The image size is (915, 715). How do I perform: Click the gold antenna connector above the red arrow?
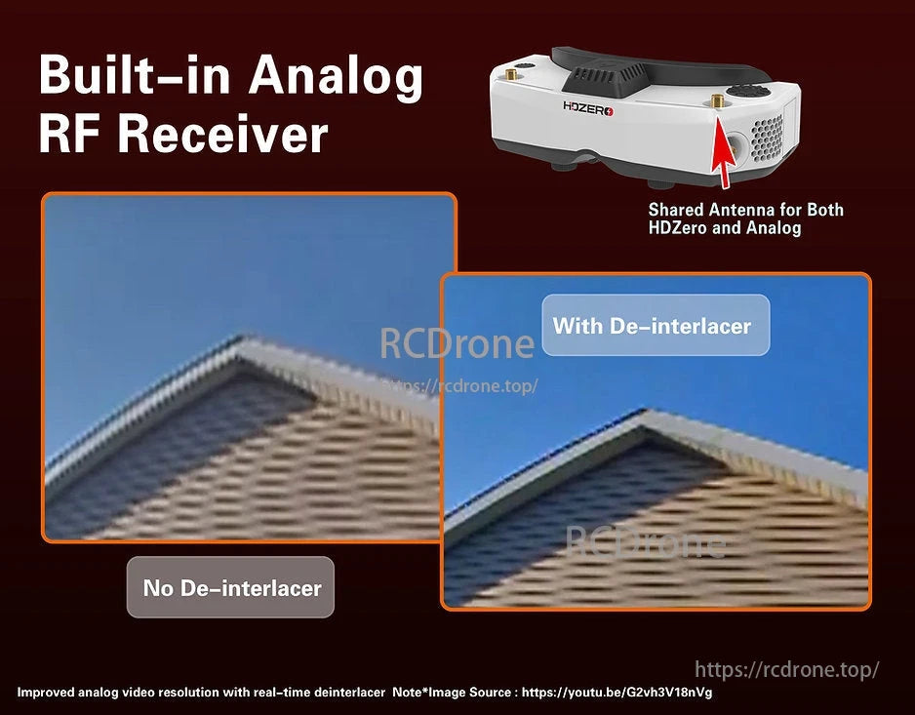716,102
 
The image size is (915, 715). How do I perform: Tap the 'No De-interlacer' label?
231,587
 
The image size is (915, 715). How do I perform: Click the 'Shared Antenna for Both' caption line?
745,210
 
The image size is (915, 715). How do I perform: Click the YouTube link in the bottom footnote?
617,693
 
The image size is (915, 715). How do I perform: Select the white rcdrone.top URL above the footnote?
786,669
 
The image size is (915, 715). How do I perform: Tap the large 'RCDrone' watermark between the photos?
457,343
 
